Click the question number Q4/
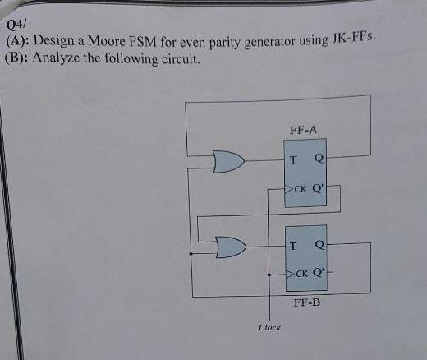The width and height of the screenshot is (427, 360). click(x=18, y=27)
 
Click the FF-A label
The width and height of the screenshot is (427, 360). click(x=303, y=130)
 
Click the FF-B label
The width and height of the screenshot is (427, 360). click(x=306, y=302)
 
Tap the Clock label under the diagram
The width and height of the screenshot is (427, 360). click(x=269, y=327)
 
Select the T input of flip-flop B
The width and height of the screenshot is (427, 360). click(x=292, y=245)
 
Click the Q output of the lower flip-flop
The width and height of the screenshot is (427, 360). click(x=319, y=245)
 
